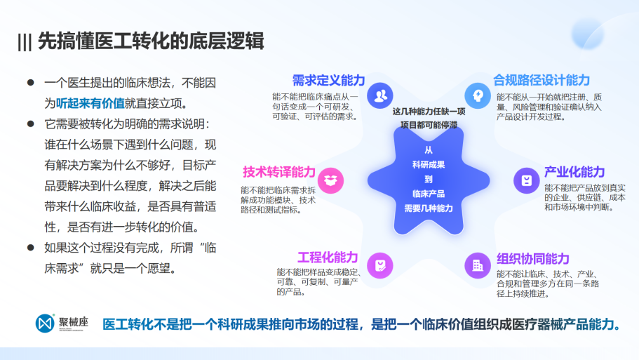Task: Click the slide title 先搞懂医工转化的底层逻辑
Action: (151, 41)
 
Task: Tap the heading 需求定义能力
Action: (328, 80)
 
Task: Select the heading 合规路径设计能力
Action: (542, 80)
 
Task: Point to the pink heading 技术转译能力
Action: (279, 172)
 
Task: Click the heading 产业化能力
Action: (574, 172)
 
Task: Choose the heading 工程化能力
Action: (328, 258)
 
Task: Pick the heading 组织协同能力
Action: (532, 258)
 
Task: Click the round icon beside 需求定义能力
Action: (379, 96)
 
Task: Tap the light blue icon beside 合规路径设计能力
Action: (478, 96)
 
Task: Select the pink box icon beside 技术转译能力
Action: (330, 180)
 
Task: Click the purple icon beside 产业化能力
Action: (527, 180)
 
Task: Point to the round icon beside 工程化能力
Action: (379, 265)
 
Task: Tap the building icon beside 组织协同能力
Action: (478, 265)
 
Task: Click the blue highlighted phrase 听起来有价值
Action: (90, 104)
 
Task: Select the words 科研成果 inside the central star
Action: (429, 165)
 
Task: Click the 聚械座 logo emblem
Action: (45, 324)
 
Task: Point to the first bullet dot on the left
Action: (31, 83)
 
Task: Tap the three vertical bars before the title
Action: (25, 42)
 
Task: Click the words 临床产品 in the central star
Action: (429, 194)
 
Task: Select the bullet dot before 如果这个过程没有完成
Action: (31, 248)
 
